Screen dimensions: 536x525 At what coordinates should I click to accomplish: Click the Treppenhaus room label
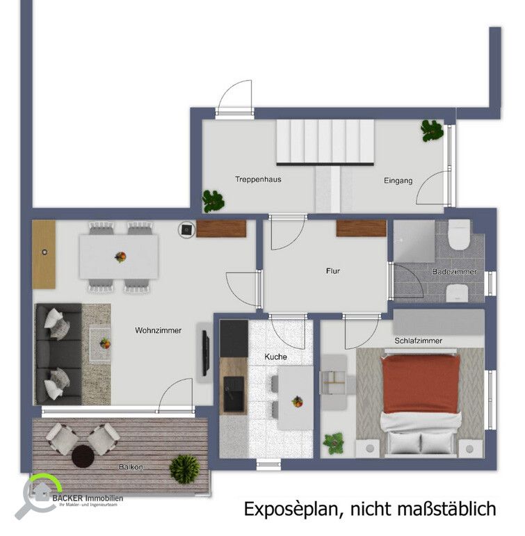coord(258,179)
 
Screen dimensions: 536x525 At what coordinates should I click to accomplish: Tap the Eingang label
coord(398,181)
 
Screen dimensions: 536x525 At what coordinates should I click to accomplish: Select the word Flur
coord(333,271)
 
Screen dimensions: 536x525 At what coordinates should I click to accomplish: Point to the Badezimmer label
coord(454,272)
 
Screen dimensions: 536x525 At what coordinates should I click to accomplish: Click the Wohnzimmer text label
coord(158,330)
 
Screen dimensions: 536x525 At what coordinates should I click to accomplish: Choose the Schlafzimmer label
coord(418,341)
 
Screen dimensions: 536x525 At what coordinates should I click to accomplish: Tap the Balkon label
coord(129,467)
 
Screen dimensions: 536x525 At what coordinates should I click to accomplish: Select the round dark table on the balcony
coord(83,456)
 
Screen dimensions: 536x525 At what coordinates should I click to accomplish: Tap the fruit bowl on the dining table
coord(120,257)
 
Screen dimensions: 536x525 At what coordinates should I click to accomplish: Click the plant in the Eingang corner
coord(432,130)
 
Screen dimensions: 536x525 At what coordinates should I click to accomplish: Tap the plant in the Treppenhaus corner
coord(213,201)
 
